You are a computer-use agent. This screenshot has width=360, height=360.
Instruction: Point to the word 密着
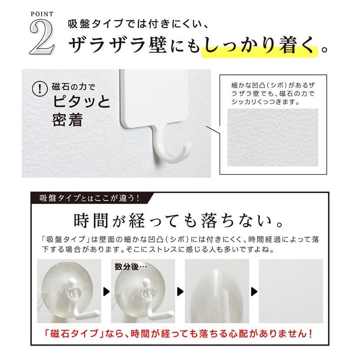(67, 120)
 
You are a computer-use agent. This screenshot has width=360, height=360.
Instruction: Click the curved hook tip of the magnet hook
(187, 150)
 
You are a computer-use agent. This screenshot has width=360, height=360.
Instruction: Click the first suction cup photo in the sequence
(69, 291)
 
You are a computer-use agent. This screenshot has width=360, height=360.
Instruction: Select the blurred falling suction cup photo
(215, 291)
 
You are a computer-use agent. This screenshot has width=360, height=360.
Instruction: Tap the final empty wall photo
(291, 291)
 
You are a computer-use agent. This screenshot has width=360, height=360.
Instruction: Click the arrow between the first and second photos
(106, 291)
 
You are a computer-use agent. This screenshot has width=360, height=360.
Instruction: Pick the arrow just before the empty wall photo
(254, 291)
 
